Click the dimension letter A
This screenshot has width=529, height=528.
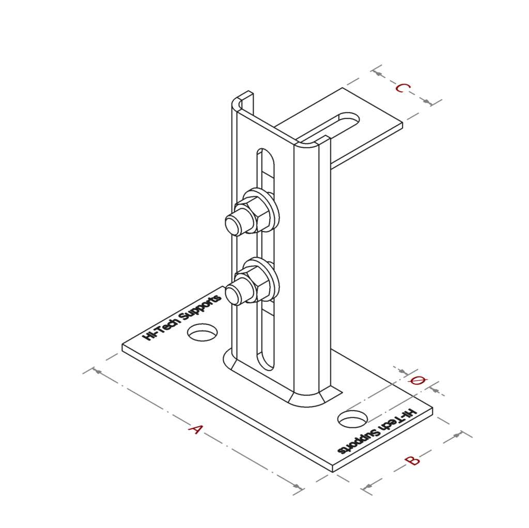195,429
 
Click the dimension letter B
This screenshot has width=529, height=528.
412,460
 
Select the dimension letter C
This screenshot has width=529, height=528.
402,88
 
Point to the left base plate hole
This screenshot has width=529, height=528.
203,333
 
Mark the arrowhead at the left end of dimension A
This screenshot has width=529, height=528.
97,371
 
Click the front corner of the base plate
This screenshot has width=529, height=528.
332,470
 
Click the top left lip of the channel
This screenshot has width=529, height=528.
242,98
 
